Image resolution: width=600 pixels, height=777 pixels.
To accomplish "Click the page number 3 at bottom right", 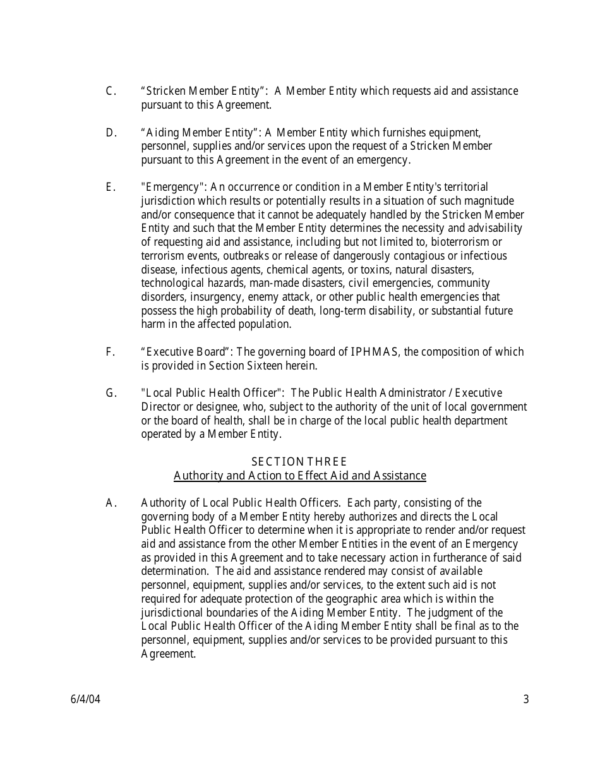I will (x=526, y=699).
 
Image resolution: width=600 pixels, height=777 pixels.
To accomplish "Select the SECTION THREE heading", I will (x=299, y=462).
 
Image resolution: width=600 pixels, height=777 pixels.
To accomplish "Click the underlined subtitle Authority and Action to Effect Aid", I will (x=299, y=476).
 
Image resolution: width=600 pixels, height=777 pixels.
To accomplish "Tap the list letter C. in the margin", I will (x=111, y=92).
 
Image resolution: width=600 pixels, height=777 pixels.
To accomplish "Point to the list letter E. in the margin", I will (x=111, y=188).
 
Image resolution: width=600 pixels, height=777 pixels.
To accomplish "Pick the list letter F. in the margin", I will (x=111, y=352).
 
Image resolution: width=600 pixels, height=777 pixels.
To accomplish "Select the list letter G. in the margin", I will (x=112, y=393).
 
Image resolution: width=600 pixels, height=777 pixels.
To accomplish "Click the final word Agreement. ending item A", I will (x=168, y=654).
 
